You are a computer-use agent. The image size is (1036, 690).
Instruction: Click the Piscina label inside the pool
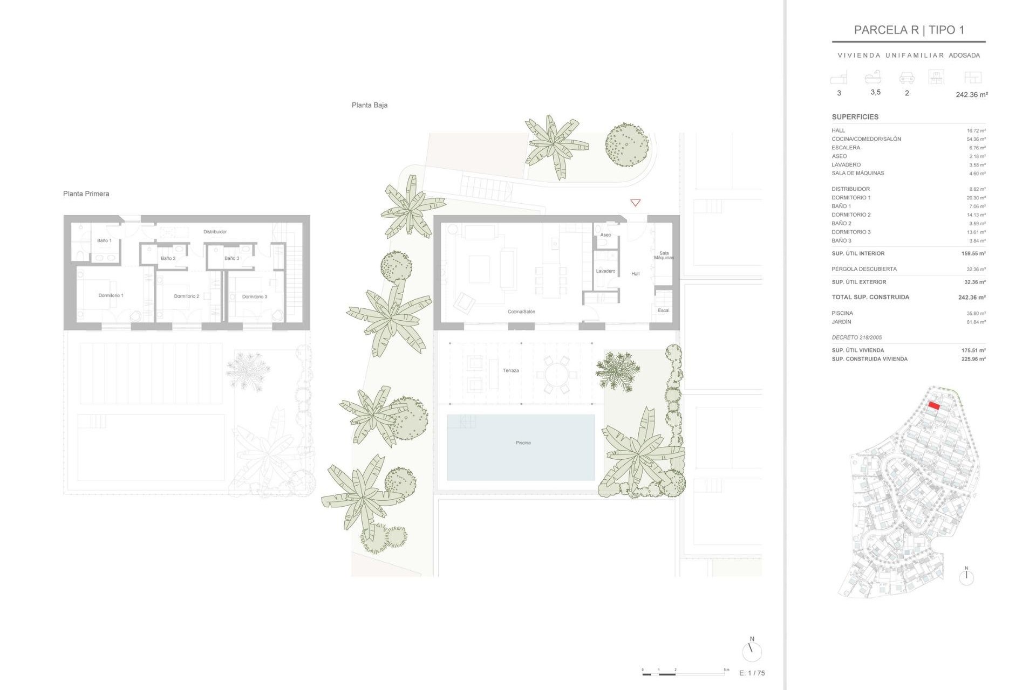pyautogui.click(x=523, y=443)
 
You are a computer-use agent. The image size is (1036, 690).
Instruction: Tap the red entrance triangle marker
pyautogui.click(x=635, y=203)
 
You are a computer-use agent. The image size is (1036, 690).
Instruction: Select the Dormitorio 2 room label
pyautogui.click(x=186, y=296)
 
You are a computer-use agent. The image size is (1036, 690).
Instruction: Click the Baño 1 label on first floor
pyautogui.click(x=104, y=240)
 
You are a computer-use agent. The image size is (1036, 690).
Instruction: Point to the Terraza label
pyautogui.click(x=510, y=371)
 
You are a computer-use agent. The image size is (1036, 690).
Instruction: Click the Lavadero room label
pyautogui.click(x=605, y=271)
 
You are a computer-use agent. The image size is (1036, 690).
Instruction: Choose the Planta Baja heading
pyautogui.click(x=369, y=105)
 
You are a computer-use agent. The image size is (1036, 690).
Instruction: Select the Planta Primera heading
pyautogui.click(x=86, y=194)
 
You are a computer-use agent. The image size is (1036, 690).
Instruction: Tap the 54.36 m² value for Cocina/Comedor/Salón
pyautogui.click(x=976, y=139)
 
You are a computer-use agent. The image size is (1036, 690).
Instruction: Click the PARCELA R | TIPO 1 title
pyautogui.click(x=909, y=30)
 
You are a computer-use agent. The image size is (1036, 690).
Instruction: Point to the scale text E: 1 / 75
pyautogui.click(x=752, y=673)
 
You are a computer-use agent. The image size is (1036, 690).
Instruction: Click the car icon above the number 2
pyautogui.click(x=906, y=79)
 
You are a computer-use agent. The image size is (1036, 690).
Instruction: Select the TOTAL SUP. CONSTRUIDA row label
pyautogui.click(x=870, y=297)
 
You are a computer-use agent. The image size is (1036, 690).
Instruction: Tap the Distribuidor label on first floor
pyautogui.click(x=215, y=232)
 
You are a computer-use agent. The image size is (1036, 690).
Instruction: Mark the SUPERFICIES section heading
pyautogui.click(x=855, y=117)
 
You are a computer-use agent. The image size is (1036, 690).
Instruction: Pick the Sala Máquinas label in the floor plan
pyautogui.click(x=664, y=256)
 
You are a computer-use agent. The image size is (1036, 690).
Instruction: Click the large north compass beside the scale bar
pyautogui.click(x=751, y=651)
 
